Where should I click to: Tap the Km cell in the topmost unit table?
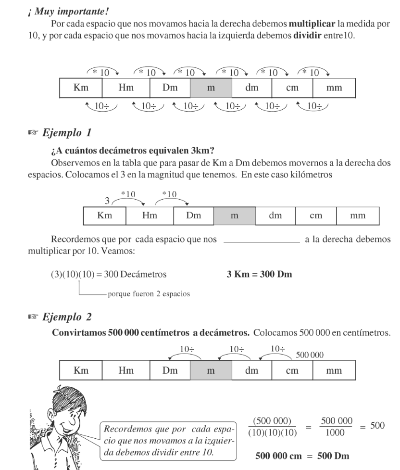tap(80, 88)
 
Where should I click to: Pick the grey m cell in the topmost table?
tap(211, 88)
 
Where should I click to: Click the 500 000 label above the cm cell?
tap(310, 355)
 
